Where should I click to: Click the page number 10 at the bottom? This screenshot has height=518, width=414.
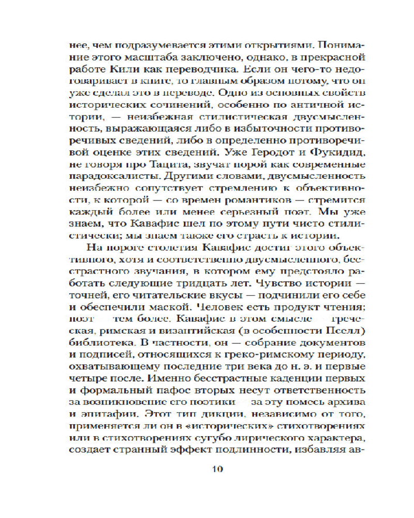click(217, 470)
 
